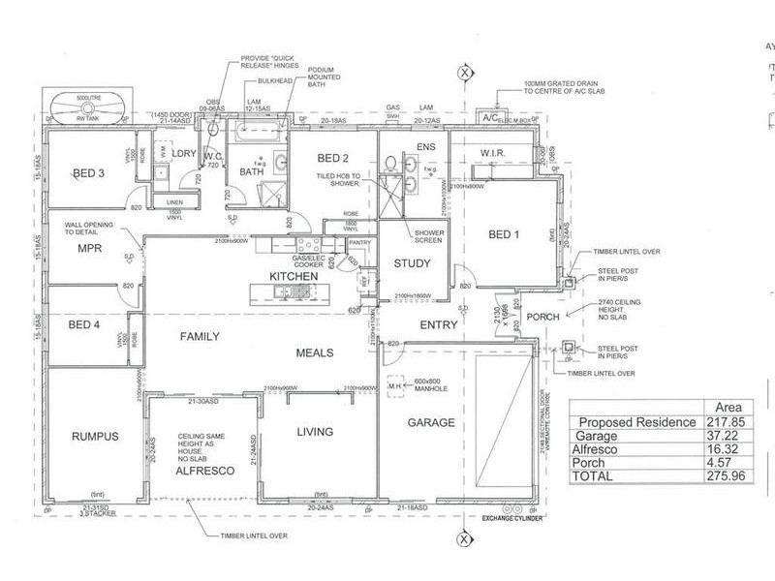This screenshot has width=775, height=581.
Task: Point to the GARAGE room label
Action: point(431,423)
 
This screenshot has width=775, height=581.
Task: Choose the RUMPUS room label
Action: point(95,437)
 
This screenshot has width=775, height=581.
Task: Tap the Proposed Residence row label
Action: point(637,422)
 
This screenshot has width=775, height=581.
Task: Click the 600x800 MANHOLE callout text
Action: point(427,382)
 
